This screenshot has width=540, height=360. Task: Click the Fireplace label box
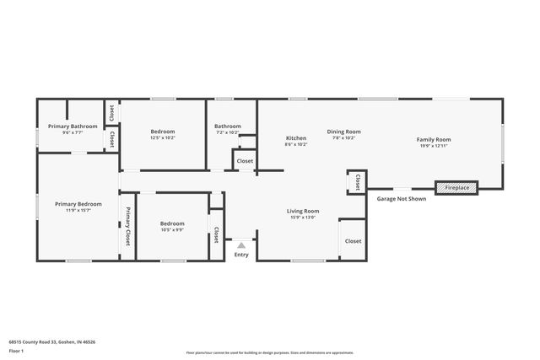(456, 187)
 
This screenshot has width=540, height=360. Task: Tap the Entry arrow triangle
(241, 245)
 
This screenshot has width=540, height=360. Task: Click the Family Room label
(434, 139)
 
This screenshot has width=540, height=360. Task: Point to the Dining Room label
(343, 132)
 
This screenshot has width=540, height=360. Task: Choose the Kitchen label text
(295, 138)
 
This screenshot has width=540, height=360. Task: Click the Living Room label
(302, 211)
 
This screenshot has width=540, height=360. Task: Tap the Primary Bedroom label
(78, 204)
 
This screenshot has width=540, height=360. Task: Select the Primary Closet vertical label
(128, 227)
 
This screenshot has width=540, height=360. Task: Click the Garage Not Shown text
(401, 199)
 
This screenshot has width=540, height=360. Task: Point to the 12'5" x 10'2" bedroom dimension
(163, 138)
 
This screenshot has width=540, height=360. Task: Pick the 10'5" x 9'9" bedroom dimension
(172, 229)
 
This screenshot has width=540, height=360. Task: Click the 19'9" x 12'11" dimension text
(434, 146)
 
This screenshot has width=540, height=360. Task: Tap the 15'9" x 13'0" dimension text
(302, 218)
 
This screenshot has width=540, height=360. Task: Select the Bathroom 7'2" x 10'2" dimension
(228, 132)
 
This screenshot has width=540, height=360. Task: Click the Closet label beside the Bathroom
(245, 161)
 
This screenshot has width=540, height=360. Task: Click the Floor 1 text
(16, 351)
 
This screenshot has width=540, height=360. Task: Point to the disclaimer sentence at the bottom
(269, 352)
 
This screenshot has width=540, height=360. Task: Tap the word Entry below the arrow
(241, 255)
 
